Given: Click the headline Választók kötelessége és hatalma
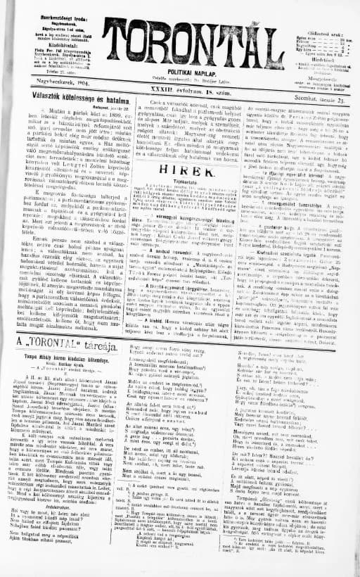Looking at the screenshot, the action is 63,113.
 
